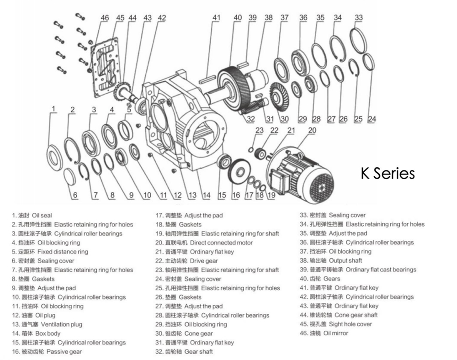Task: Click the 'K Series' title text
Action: point(388,174)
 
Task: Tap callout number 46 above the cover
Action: point(105,18)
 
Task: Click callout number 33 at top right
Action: point(359,18)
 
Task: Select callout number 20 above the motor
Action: point(312,131)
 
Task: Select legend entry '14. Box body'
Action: point(37,334)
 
